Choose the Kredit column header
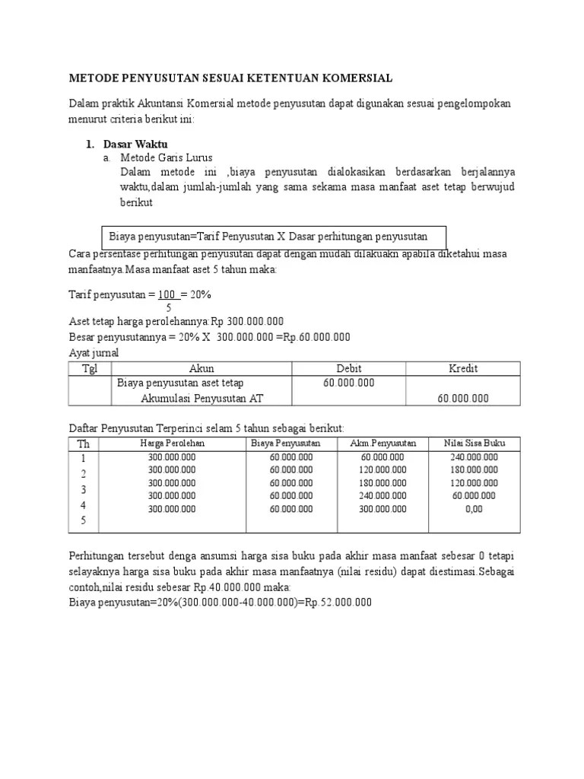tap(462, 369)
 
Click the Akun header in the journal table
tap(202, 369)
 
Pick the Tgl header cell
tap(90, 369)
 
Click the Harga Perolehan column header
tap(173, 444)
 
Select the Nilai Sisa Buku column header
tap(474, 444)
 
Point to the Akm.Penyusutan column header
tap(383, 444)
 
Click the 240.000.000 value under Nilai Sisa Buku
tap(474, 457)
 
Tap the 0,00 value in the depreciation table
tap(474, 509)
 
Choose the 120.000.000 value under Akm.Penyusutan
tap(383, 470)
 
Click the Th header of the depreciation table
tap(83, 444)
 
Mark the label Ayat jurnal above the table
tap(94, 354)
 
